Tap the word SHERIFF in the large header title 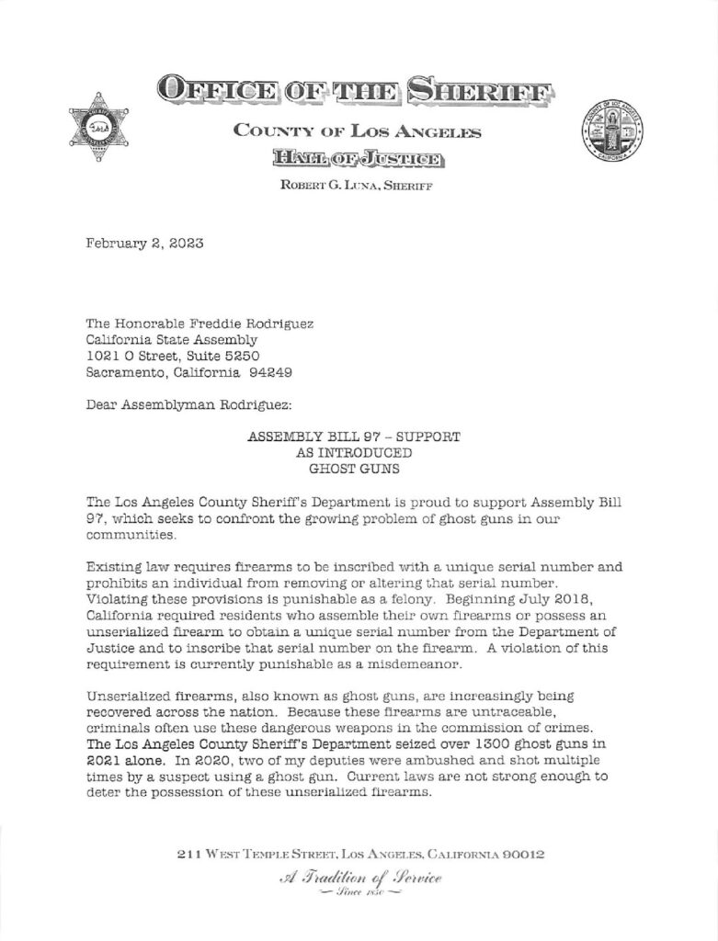pos(483,90)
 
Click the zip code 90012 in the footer pos(524,854)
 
